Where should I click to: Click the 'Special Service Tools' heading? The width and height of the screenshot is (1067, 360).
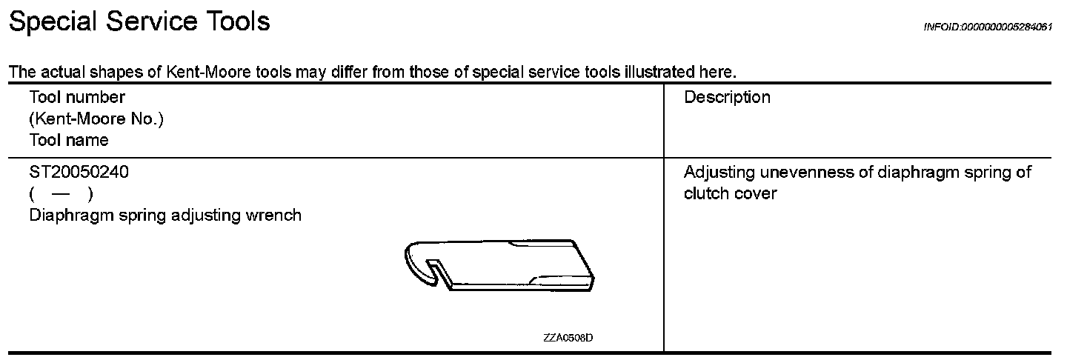pyautogui.click(x=139, y=22)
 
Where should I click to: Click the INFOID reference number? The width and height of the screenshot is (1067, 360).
pyautogui.click(x=988, y=27)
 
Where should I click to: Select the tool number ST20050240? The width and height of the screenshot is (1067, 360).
pyautogui.click(x=79, y=173)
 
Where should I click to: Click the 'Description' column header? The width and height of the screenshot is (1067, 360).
pyautogui.click(x=727, y=98)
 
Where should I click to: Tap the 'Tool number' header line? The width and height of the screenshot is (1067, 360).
pyautogui.click(x=77, y=98)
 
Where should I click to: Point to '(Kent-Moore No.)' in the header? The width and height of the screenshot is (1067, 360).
pyautogui.click(x=96, y=119)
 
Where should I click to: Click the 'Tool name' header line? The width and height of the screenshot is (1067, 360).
pyautogui.click(x=69, y=140)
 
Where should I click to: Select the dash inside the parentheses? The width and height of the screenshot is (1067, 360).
pyautogui.click(x=61, y=194)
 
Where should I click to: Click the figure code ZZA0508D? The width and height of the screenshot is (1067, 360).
pyautogui.click(x=568, y=338)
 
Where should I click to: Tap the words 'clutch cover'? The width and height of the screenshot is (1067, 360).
pyautogui.click(x=730, y=194)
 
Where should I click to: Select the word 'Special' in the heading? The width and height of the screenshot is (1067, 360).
pyautogui.click(x=52, y=22)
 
